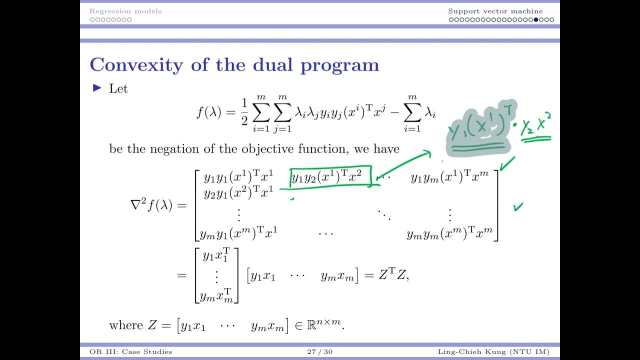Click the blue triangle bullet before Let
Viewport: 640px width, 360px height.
(97, 88)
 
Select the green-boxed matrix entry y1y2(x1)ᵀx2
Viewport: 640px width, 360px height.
(330, 176)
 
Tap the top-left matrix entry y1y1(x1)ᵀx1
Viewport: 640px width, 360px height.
(238, 176)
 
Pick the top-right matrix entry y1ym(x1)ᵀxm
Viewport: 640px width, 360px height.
(449, 176)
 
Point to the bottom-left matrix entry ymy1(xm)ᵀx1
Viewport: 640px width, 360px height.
(238, 233)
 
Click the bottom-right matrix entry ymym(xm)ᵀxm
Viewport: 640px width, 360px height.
(449, 233)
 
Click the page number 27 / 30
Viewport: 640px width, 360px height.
(319, 352)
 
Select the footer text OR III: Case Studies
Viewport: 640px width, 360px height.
(127, 352)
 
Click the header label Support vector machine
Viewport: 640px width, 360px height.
(495, 11)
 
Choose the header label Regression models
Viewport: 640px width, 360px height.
(125, 11)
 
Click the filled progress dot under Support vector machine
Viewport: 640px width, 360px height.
(536, 20)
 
